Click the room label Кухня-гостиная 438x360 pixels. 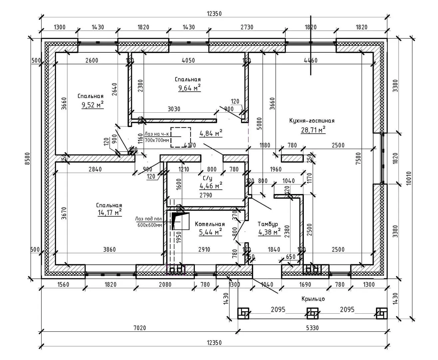click(x=312, y=121)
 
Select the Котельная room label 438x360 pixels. click(x=210, y=224)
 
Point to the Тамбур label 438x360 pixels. click(x=268, y=224)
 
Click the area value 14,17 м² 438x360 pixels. click(x=109, y=213)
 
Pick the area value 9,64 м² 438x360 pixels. click(x=189, y=88)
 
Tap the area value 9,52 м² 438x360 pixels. click(x=92, y=105)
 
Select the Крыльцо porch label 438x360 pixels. click(x=313, y=299)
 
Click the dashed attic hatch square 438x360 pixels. click(x=181, y=137)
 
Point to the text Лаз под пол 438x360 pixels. click(x=149, y=219)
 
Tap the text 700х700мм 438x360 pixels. click(x=157, y=140)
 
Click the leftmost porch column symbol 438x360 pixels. click(x=243, y=313)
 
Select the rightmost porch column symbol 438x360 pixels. click(x=382, y=313)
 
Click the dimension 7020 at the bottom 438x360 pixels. click(x=140, y=328)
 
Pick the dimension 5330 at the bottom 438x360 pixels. click(x=312, y=328)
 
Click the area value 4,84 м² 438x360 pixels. click(x=211, y=134)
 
